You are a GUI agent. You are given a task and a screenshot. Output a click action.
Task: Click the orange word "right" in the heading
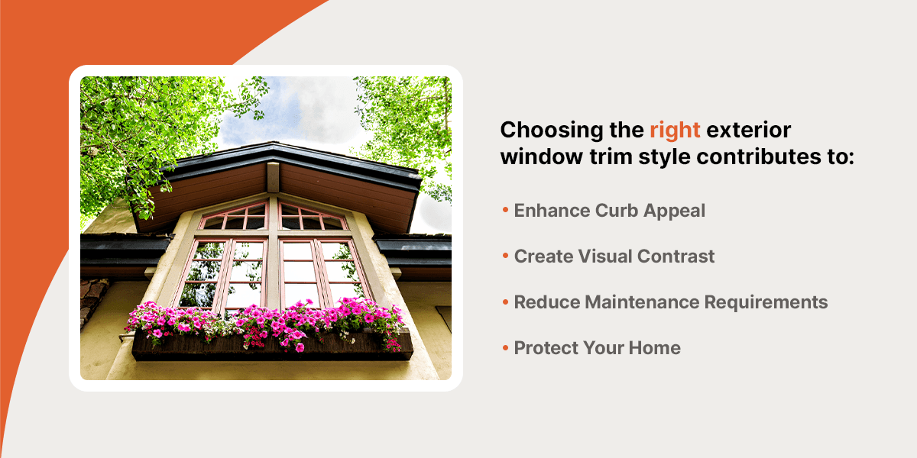[x=675, y=131]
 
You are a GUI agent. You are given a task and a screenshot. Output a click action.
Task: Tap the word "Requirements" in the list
[x=776, y=302]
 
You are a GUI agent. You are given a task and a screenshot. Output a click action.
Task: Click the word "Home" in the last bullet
[x=654, y=348]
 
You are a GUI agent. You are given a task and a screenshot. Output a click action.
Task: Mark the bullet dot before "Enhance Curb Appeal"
[x=505, y=211]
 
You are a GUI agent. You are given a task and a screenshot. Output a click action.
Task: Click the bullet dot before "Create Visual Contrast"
[x=505, y=256]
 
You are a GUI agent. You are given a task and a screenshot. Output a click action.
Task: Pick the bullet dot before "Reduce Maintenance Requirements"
[x=505, y=302]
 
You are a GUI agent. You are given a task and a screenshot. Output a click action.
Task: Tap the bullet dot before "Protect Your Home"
[x=505, y=348]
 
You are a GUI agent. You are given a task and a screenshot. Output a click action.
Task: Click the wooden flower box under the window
[x=272, y=347]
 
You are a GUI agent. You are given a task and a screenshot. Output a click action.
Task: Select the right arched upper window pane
[x=311, y=218]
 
